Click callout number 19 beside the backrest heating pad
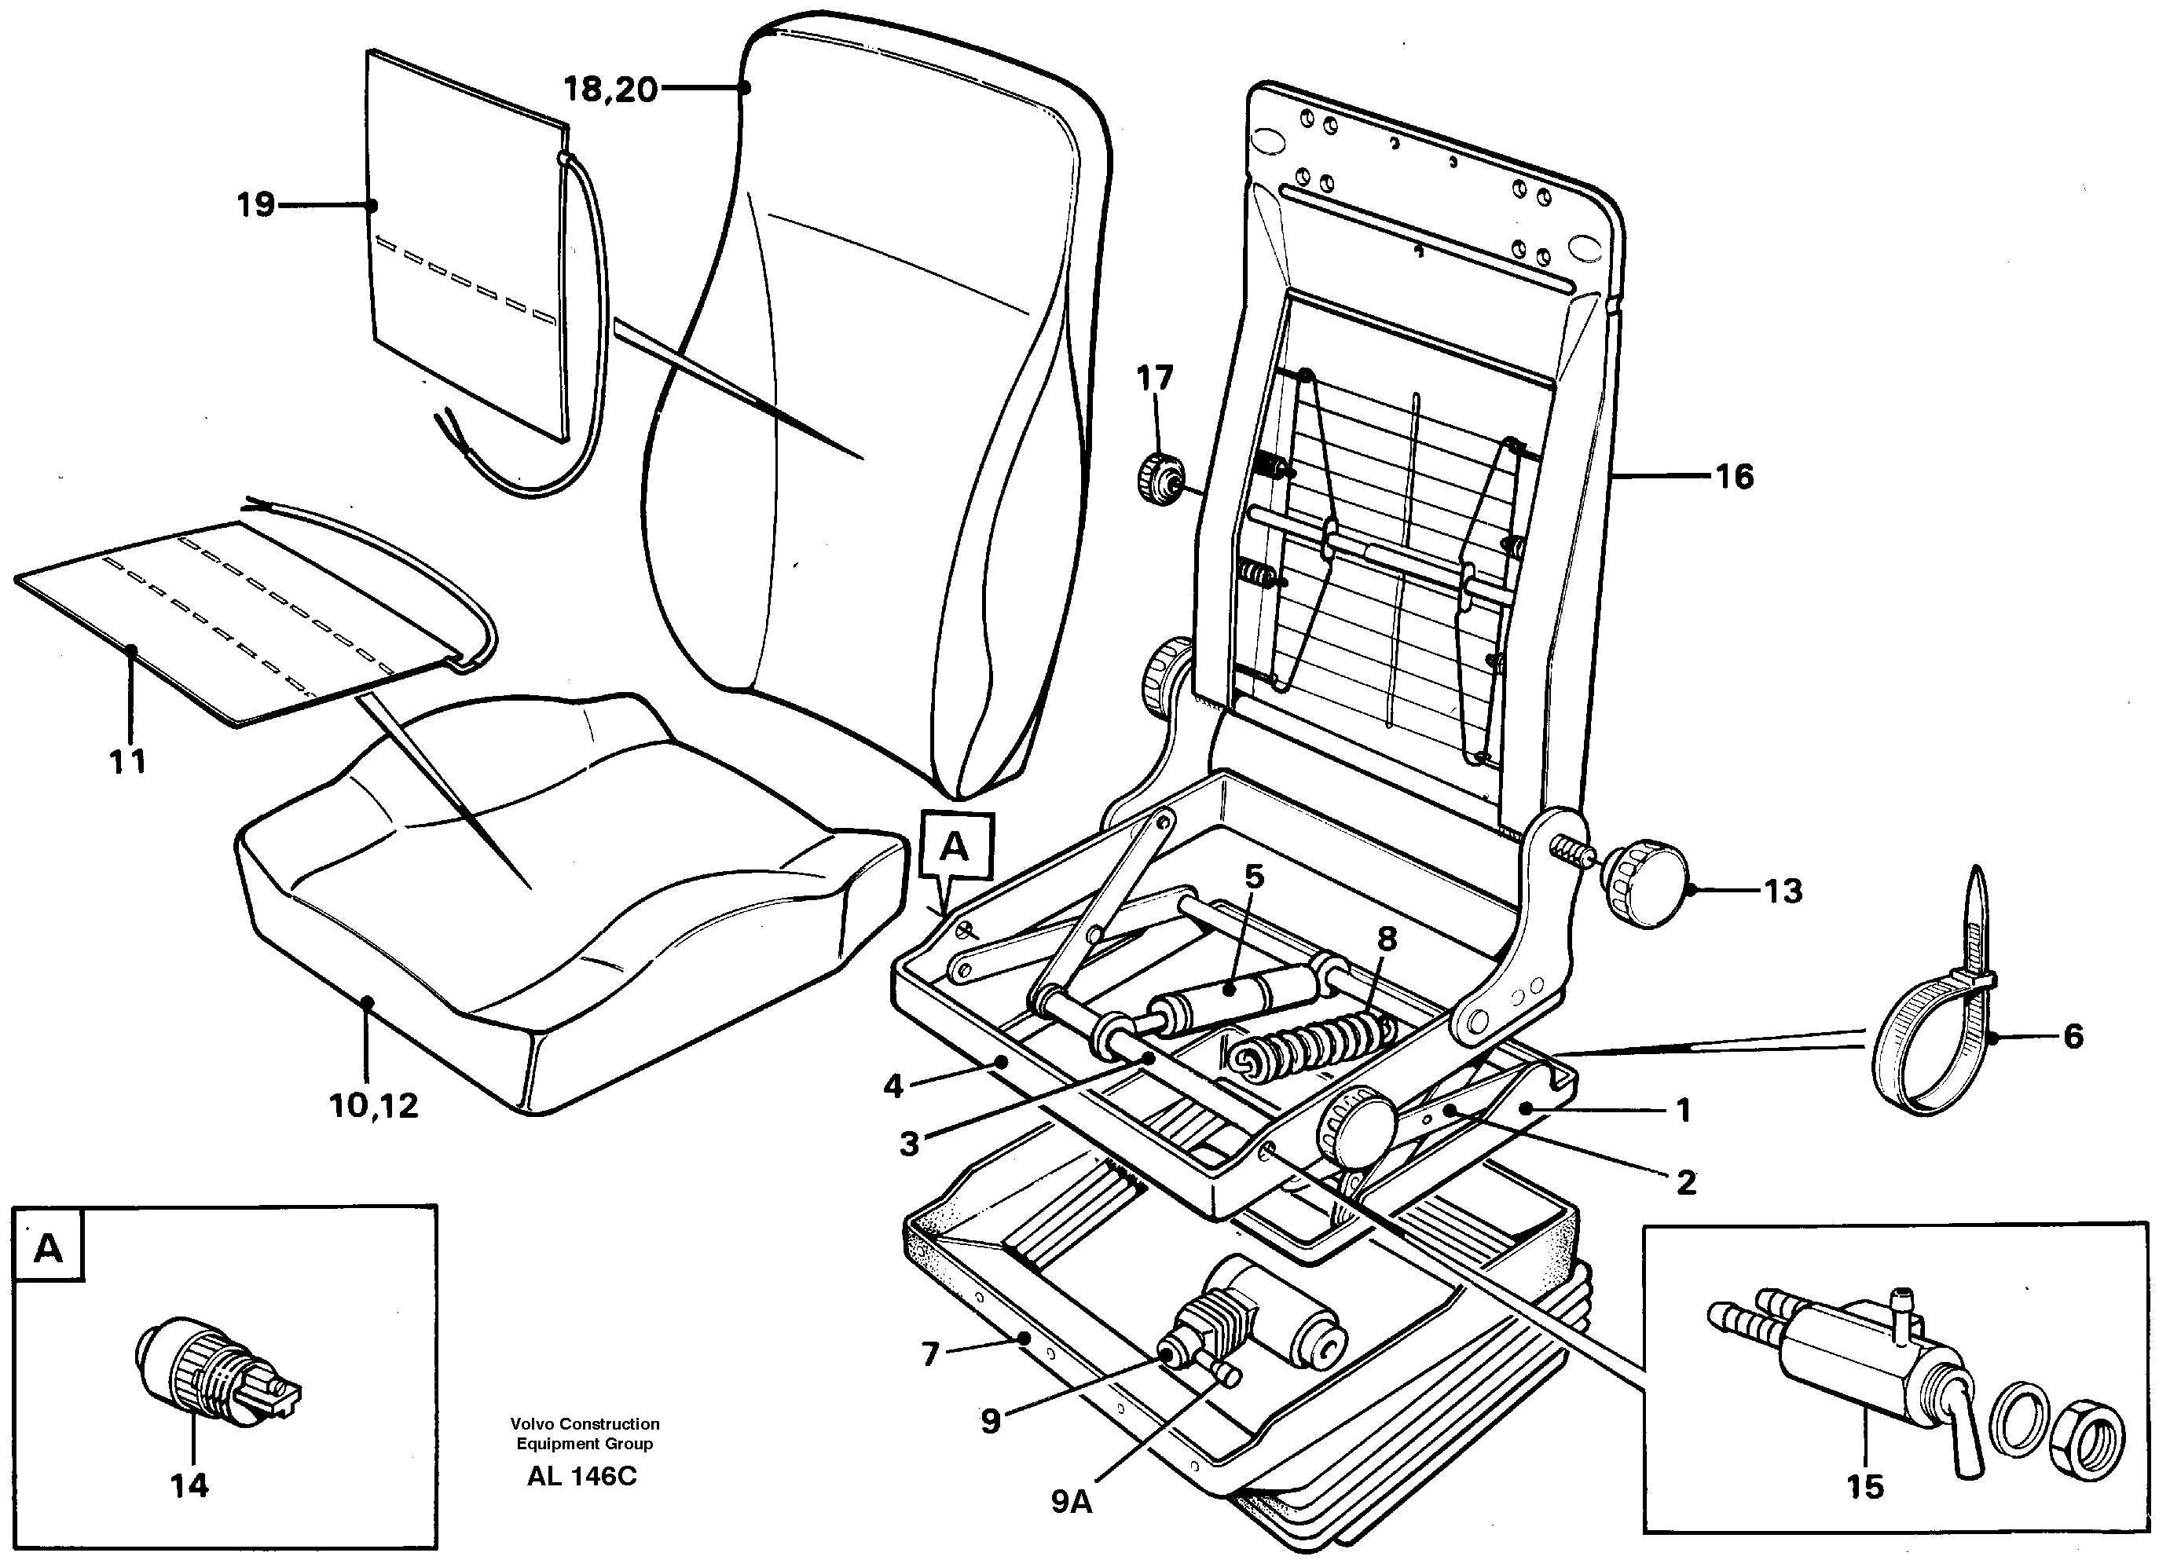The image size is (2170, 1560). pyautogui.click(x=255, y=205)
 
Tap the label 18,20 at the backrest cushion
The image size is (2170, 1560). pyautogui.click(x=610, y=90)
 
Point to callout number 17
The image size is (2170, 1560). pyautogui.click(x=1154, y=379)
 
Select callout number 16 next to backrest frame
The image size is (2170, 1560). pyautogui.click(x=1735, y=476)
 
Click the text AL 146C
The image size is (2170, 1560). pyautogui.click(x=581, y=1477)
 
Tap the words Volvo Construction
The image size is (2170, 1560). pyautogui.click(x=584, y=1424)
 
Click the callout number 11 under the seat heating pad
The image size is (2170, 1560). pyautogui.click(x=127, y=762)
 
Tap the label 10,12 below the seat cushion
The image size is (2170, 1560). pyautogui.click(x=374, y=1106)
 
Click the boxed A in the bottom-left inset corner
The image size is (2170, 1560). pyautogui.click(x=48, y=1248)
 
